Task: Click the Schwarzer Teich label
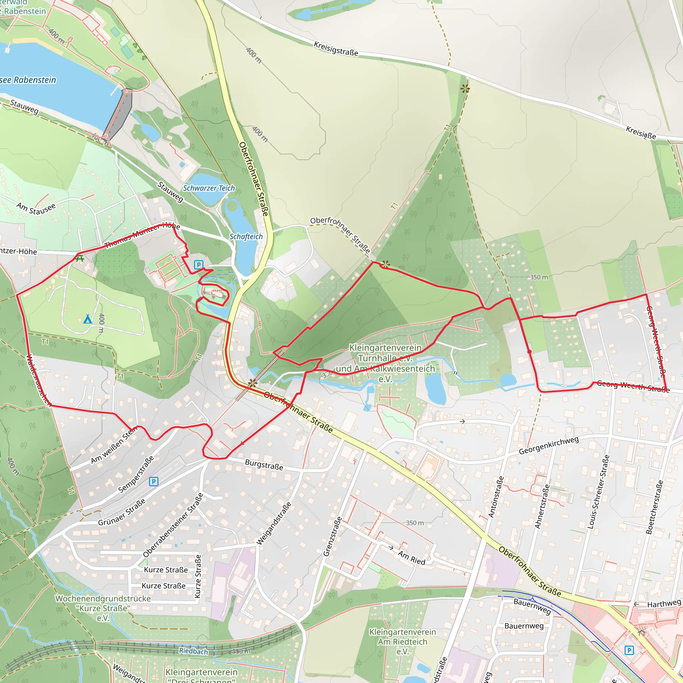(208, 188)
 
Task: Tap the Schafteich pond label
(246, 236)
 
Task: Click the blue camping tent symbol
(88, 319)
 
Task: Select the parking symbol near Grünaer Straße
(153, 482)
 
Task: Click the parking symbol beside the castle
(199, 264)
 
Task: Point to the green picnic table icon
(80, 258)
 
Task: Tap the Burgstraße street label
(264, 465)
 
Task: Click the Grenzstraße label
(332, 536)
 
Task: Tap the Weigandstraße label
(274, 524)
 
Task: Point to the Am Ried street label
(412, 558)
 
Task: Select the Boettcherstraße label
(655, 507)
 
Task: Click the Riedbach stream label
(193, 651)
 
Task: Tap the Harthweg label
(664, 604)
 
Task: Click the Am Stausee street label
(36, 208)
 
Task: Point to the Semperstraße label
(136, 475)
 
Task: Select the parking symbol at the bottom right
(629, 650)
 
